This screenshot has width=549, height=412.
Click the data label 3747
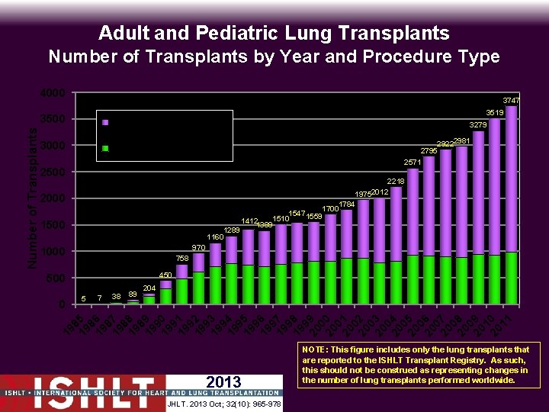click(511, 101)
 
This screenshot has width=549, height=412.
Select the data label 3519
click(495, 113)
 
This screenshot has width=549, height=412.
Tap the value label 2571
click(413, 163)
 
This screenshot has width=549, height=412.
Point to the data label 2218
click(396, 181)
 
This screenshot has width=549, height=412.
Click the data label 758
click(181, 259)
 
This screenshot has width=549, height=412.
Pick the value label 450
click(165, 275)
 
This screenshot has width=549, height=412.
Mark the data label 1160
click(216, 237)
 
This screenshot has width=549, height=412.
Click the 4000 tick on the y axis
click(53, 94)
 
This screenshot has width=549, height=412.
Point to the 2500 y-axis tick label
click(53, 173)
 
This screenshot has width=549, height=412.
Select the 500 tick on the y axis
click(56, 278)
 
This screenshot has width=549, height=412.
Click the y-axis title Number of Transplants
click(33, 197)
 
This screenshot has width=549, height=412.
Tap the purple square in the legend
click(106, 122)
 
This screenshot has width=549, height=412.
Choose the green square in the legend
click(106, 149)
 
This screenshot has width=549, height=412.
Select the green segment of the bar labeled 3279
click(479, 279)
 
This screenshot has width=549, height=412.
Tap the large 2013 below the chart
click(223, 382)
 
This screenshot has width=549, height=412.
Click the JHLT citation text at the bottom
click(223, 404)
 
